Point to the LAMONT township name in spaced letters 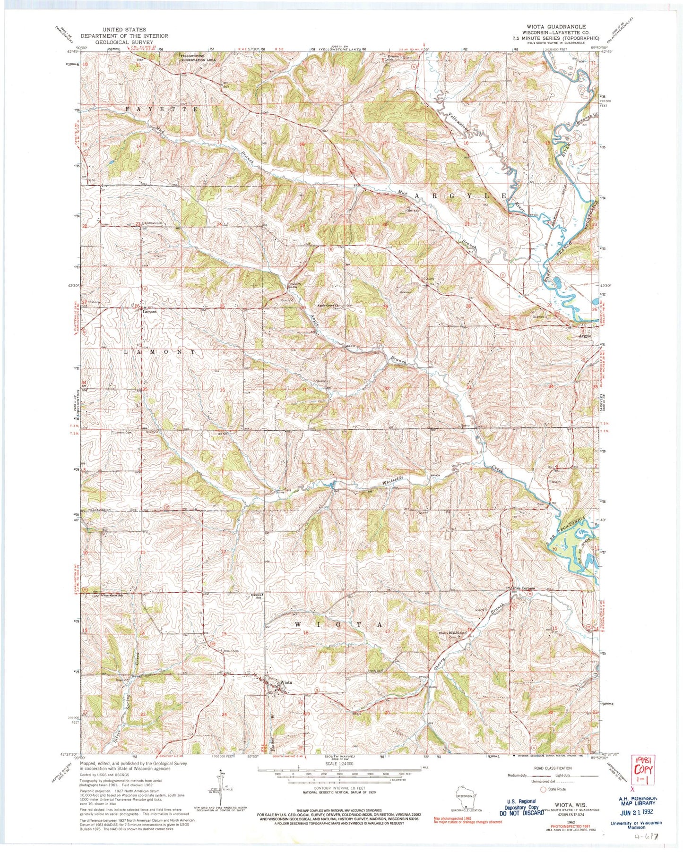pos(159,352)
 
